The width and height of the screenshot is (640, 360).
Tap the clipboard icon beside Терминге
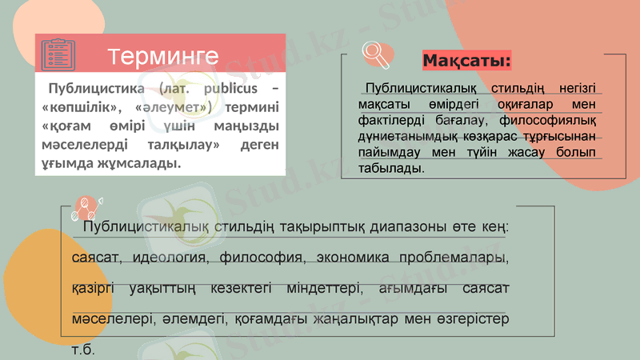(x=58, y=54)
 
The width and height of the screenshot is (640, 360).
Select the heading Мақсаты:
(x=467, y=62)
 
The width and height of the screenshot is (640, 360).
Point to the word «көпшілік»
(x=78, y=107)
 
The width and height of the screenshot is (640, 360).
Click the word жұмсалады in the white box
(x=141, y=164)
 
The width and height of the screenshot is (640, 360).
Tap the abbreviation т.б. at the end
(x=83, y=350)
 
